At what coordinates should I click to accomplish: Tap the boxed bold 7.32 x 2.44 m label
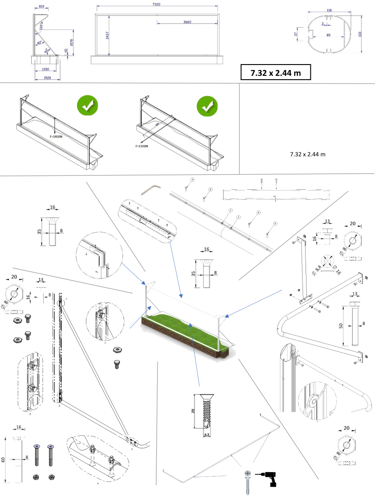(x=276, y=73)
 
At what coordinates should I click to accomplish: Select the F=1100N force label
(x=141, y=146)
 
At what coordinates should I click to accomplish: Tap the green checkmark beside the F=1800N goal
(x=87, y=106)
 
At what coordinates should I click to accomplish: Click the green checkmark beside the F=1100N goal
(x=207, y=106)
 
